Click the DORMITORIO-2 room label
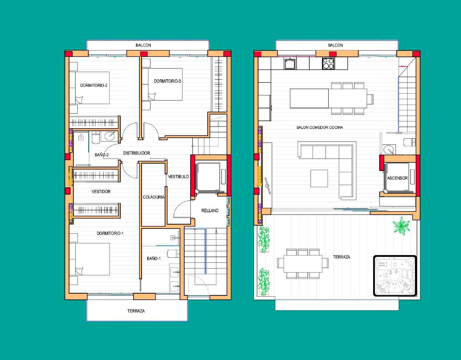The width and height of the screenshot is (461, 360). tap(94, 85)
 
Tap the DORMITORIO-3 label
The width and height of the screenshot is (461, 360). tap(167, 81)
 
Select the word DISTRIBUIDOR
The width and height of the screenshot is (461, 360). tap(136, 153)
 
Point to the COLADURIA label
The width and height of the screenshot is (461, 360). tap(153, 197)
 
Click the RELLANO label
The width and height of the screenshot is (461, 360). tap(210, 210)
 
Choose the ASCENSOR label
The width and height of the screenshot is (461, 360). tap(397, 178)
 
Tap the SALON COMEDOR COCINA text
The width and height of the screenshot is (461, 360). tap(320, 127)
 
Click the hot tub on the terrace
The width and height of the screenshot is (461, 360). tap(395, 276)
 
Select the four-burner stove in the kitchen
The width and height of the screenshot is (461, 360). tap(328, 63)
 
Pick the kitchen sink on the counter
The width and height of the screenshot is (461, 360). tap(290, 63)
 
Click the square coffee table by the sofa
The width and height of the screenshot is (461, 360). tap(319, 178)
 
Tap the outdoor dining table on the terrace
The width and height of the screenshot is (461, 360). tap(303, 264)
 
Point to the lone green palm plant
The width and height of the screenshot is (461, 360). tap(401, 226)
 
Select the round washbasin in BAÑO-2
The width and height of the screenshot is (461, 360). tap(110, 135)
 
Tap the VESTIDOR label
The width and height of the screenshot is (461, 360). tap(101, 192)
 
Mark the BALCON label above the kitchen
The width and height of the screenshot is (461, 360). tap(335, 45)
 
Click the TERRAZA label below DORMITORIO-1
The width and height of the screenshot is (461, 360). tap(136, 311)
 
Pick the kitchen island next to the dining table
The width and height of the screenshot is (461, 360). tap(309, 98)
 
